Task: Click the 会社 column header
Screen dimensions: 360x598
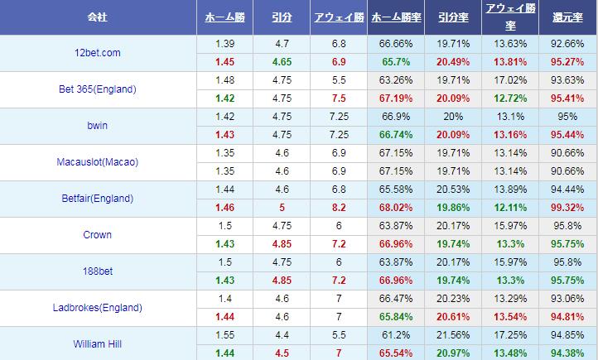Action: click(98, 17)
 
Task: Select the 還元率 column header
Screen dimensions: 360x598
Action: click(567, 17)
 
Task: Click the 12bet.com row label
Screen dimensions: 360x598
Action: click(98, 53)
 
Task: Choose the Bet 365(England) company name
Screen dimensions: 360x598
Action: click(98, 89)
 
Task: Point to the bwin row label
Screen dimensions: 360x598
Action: click(98, 126)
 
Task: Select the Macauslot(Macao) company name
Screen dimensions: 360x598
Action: click(98, 162)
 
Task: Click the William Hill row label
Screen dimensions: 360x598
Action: click(98, 343)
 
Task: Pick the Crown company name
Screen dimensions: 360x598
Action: click(98, 235)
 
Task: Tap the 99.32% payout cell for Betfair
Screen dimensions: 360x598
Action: click(567, 207)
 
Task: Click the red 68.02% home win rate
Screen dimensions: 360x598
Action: click(395, 207)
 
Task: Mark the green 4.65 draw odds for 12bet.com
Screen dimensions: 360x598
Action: click(281, 62)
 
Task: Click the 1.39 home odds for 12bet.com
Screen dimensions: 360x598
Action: click(224, 43)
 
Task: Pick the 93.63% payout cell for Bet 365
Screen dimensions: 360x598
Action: click(567, 80)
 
